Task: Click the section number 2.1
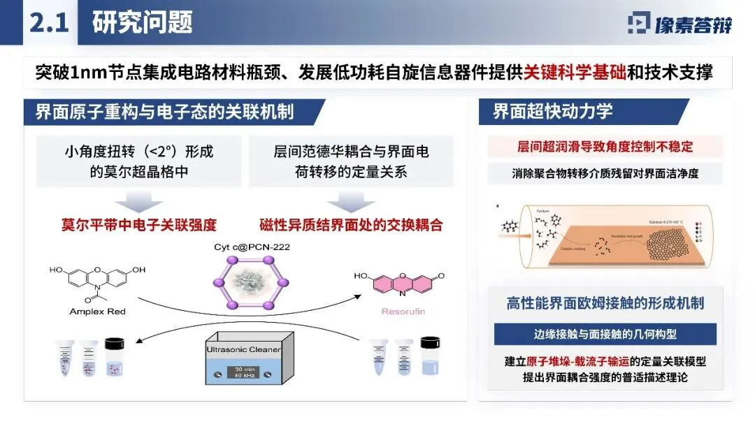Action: [48, 23]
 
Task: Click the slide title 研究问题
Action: [143, 23]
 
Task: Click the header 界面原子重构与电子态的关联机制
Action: [164, 112]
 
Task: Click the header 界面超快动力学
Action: [553, 111]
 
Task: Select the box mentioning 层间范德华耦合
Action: [351, 161]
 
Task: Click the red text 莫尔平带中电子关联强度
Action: [138, 225]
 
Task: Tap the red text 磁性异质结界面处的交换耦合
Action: [351, 225]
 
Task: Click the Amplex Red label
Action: [98, 312]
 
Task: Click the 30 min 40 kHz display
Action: [250, 372]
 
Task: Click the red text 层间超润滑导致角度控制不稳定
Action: [605, 147]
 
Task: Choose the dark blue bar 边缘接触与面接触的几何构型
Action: [605, 334]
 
